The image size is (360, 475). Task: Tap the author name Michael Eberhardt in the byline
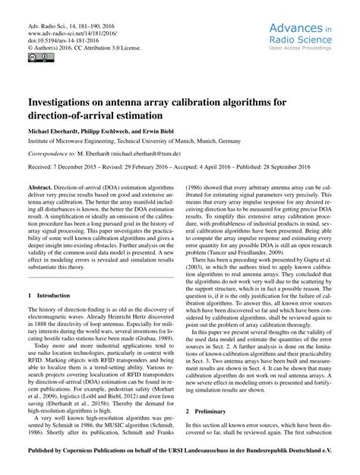point(58,130)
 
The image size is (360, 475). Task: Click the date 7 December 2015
point(78,166)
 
